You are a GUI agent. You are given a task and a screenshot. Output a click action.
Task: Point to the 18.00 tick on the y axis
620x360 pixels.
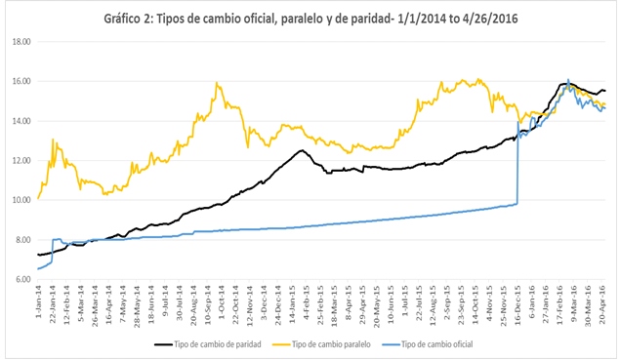click(21, 42)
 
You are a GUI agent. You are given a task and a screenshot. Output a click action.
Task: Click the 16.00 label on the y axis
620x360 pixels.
click(21, 82)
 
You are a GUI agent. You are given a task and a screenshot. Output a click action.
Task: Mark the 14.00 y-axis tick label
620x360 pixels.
click(21, 121)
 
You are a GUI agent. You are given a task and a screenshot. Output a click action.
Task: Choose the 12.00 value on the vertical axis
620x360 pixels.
click(21, 161)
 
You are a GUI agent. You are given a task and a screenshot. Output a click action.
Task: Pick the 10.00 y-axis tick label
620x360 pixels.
click(21, 200)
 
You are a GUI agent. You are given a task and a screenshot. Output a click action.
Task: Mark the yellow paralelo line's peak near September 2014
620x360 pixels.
click(215, 84)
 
